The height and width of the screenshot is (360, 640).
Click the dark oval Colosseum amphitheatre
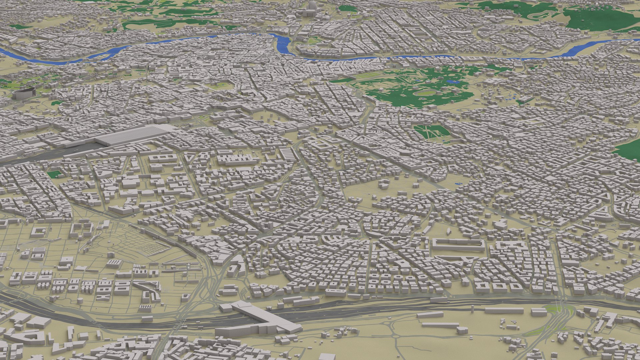23,93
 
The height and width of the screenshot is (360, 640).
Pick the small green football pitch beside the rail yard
54,174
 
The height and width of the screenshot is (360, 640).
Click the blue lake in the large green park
452,81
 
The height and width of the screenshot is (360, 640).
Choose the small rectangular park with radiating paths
432,132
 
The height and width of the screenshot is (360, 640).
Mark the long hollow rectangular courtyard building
458,244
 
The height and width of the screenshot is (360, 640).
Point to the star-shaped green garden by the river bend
313,41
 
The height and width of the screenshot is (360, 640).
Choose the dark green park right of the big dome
347,8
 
